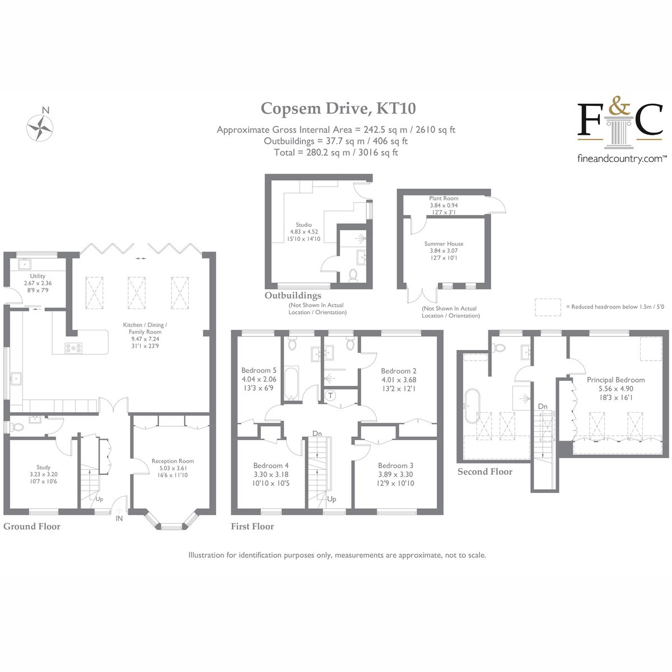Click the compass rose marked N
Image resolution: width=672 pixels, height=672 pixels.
(x=40, y=128)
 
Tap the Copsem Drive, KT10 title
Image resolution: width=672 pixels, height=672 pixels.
(x=338, y=109)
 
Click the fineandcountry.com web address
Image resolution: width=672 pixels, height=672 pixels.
(x=620, y=159)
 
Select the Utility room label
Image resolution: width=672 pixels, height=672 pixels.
(x=38, y=276)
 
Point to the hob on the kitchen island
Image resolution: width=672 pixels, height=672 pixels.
(x=73, y=348)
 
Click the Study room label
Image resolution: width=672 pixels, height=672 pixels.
(x=44, y=467)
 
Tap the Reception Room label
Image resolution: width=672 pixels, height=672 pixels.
(x=172, y=461)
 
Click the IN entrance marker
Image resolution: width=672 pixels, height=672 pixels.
(x=119, y=519)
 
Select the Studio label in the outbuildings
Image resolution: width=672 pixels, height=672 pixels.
(x=304, y=225)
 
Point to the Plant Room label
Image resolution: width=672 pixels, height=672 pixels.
(x=444, y=198)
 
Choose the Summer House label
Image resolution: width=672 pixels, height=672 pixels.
(x=444, y=244)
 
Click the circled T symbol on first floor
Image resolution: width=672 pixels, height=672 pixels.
(x=330, y=395)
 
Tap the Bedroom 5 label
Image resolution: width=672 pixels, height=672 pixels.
(x=259, y=370)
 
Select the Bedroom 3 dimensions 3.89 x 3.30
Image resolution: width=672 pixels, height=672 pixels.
(x=395, y=474)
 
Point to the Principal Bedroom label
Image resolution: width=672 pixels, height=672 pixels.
(x=616, y=380)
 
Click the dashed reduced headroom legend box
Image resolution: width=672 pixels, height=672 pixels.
(x=548, y=307)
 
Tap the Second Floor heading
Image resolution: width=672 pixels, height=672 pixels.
(x=485, y=472)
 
